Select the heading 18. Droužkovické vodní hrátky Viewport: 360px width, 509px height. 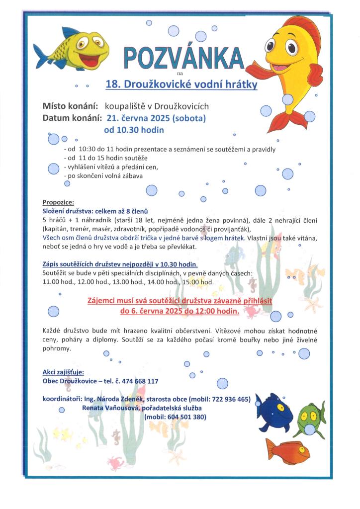point(181,85)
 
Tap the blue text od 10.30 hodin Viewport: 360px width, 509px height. point(134,130)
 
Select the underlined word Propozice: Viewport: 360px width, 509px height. point(58,202)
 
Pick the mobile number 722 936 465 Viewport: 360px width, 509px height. point(229,399)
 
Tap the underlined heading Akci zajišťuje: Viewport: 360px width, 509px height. point(63,372)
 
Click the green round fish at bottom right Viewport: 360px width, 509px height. point(312,415)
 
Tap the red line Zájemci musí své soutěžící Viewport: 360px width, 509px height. point(180,301)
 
